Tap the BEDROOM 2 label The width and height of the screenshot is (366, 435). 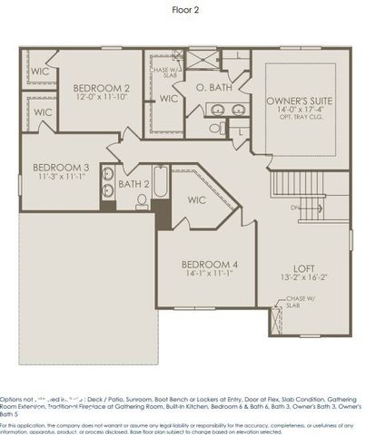[x=102, y=88]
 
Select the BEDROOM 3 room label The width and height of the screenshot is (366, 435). [x=61, y=168]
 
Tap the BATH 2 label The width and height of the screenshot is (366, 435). [x=134, y=184]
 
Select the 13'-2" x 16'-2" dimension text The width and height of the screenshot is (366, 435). [x=302, y=278]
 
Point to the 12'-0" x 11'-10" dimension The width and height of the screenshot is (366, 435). [x=102, y=98]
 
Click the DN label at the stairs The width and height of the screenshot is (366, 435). [x=295, y=207]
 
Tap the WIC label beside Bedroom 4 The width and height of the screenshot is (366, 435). [x=197, y=199]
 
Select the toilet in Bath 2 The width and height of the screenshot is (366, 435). [x=143, y=201]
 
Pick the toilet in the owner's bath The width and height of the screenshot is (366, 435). [x=215, y=128]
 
